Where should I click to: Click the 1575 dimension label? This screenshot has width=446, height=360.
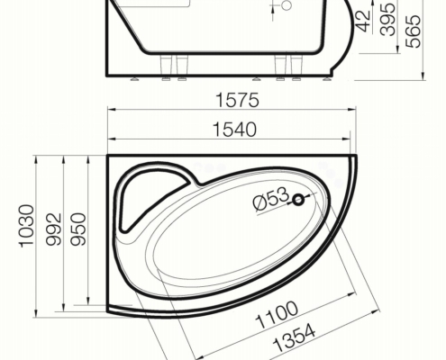pos(237,100)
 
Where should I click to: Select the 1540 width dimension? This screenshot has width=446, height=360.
pos(234,130)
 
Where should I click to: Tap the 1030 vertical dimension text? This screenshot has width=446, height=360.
pos(27,226)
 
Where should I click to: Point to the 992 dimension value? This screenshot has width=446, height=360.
pos(54,229)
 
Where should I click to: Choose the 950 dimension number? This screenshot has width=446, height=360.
pos(78,229)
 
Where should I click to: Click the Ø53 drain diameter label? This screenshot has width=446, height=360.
pos(271,199)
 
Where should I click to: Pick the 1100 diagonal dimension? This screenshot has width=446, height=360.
pos(277,314)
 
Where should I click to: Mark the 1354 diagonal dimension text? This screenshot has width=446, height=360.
pos(295,337)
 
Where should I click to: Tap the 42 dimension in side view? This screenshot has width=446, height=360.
pos(364,21)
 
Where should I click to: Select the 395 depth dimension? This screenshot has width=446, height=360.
pos(387,19)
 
